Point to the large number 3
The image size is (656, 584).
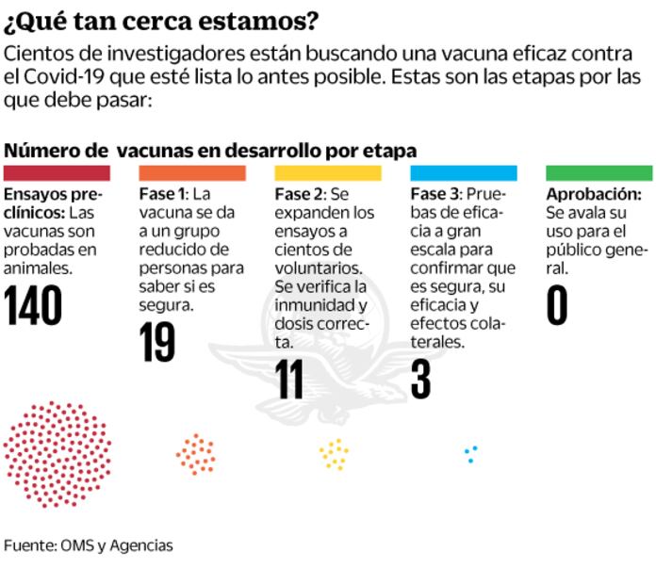click(x=420, y=378)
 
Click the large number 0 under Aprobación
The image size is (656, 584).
click(x=557, y=304)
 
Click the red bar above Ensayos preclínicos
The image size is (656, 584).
click(x=57, y=173)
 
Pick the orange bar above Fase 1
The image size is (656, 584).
click(x=192, y=173)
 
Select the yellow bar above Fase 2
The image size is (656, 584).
click(x=328, y=173)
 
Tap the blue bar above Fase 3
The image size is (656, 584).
click(x=464, y=173)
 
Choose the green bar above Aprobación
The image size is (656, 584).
click(x=599, y=173)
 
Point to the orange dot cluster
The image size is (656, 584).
click(x=195, y=454)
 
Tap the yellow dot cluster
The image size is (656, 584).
click(x=334, y=454)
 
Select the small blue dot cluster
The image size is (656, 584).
click(x=470, y=453)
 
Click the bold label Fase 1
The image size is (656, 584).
click(x=163, y=195)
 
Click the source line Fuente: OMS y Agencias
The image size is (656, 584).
click(x=89, y=545)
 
